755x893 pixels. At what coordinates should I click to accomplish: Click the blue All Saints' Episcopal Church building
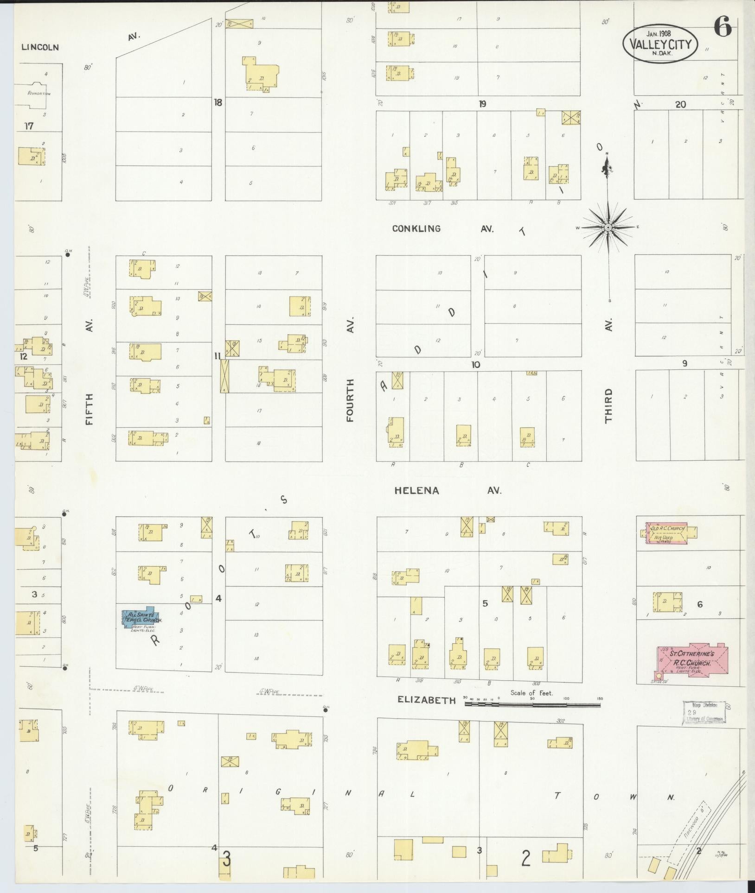(x=138, y=618)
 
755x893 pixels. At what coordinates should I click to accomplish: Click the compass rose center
(x=608, y=227)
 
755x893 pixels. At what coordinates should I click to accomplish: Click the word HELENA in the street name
(x=416, y=491)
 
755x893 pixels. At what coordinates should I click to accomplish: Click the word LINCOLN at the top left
(x=40, y=47)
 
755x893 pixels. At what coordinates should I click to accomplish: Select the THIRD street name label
(x=608, y=405)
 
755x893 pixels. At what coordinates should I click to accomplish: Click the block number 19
(x=482, y=104)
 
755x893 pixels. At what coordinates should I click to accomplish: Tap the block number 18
(x=218, y=102)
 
